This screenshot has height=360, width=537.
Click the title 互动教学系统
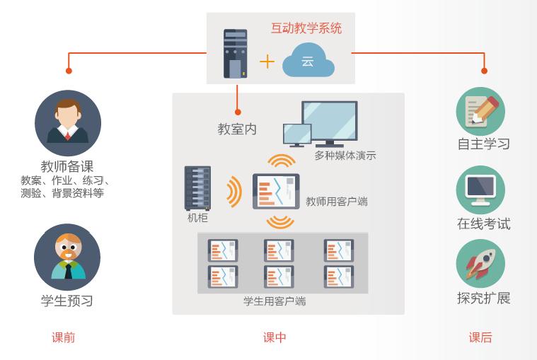(306, 29)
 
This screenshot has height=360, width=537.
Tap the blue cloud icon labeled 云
(308, 61)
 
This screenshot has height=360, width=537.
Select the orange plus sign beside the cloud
(267, 62)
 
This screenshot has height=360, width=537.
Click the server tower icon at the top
(236, 53)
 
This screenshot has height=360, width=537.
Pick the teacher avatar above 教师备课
(68, 123)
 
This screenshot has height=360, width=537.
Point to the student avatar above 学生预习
(68, 257)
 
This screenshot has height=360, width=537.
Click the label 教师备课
(67, 167)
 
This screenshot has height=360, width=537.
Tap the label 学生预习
(67, 301)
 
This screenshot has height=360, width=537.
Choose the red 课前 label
(64, 337)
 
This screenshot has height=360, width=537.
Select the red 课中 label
(275, 337)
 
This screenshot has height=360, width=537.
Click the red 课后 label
(480, 337)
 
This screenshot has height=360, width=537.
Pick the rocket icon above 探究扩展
(481, 263)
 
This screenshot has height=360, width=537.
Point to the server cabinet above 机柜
(197, 187)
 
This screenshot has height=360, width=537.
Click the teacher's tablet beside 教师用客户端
(276, 191)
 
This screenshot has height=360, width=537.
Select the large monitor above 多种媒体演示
(330, 122)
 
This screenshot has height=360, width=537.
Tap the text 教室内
(237, 129)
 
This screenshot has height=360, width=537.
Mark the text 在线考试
(483, 223)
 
